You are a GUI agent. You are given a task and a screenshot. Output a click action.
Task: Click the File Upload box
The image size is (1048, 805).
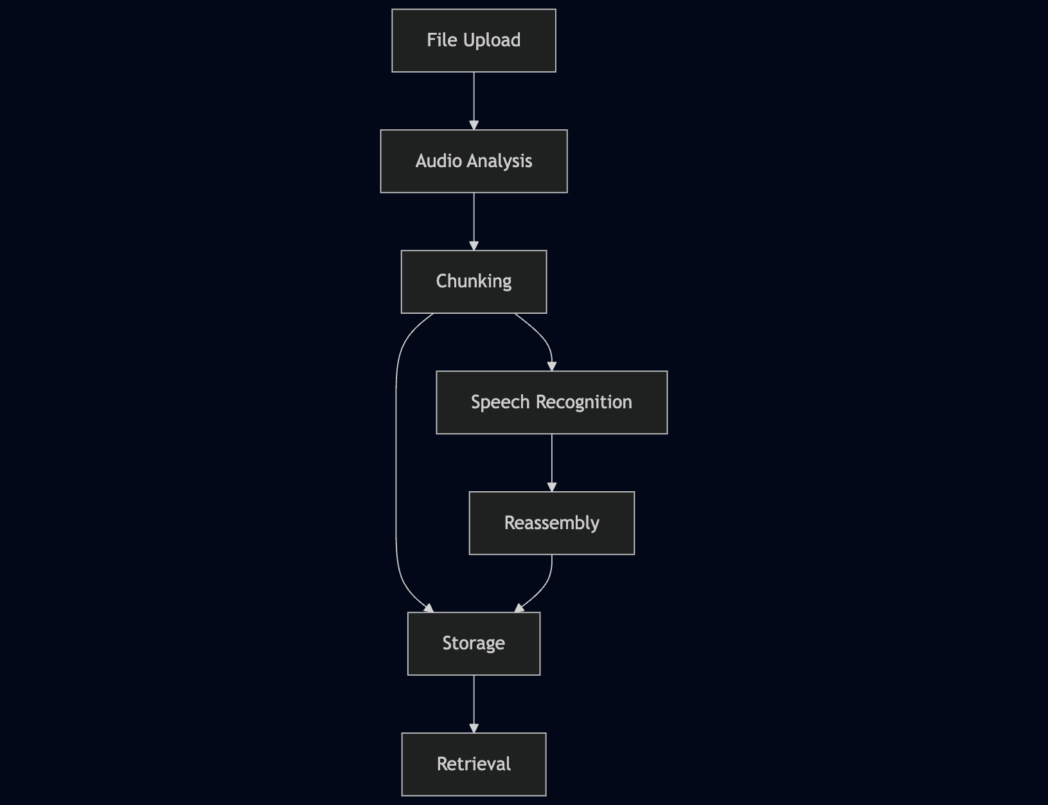click(474, 41)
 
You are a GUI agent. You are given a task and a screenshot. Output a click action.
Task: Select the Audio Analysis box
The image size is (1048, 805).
click(474, 161)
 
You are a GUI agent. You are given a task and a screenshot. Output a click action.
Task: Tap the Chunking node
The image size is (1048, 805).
click(474, 282)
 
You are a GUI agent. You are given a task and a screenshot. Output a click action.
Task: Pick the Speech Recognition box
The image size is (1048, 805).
click(551, 402)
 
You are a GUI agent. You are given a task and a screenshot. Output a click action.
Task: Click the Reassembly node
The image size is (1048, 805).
click(551, 523)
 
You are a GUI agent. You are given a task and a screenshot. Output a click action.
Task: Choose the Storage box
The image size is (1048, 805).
click(474, 644)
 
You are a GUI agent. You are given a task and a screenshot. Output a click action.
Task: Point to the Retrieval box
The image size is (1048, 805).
click(474, 764)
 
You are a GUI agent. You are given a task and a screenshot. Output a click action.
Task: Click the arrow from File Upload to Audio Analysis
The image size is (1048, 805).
click(474, 100)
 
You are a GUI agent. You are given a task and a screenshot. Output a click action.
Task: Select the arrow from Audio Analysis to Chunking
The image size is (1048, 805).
click(474, 221)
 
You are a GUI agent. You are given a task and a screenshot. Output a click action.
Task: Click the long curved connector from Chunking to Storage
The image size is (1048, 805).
click(396, 463)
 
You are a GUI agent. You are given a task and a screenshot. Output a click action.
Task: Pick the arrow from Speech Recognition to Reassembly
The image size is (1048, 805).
click(552, 462)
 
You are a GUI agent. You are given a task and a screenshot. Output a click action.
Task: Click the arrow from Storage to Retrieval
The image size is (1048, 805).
click(474, 703)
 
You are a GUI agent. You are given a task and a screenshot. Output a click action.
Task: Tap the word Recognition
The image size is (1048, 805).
click(583, 402)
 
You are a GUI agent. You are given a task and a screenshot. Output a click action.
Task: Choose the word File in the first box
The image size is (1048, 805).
click(441, 41)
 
